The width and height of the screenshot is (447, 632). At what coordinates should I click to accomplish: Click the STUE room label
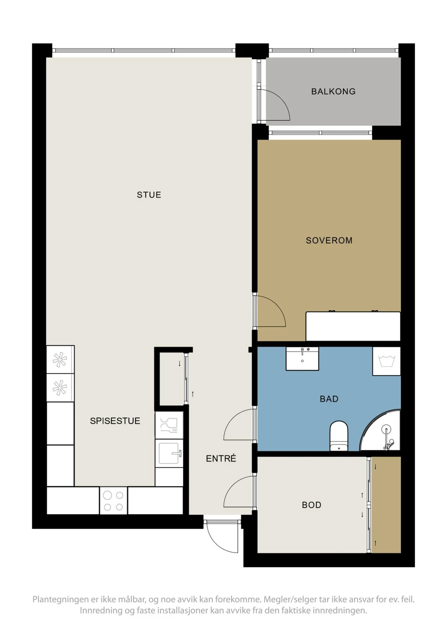pos(149,195)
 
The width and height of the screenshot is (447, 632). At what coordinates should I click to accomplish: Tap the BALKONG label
pos(333,92)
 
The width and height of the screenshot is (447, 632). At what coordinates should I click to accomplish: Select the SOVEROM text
pos(329,241)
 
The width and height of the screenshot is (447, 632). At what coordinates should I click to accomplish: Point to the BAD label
pos(329,399)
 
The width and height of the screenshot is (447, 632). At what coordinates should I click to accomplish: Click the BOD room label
pos(311,505)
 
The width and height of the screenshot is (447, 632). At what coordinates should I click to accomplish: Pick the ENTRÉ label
pos(221,458)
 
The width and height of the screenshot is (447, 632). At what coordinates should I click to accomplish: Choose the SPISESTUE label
pos(115,421)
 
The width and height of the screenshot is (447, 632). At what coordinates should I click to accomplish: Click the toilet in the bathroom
pos(339,436)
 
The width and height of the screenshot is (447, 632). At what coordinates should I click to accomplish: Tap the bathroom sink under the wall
pos(302,358)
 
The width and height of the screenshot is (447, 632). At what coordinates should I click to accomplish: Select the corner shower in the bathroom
pos(381,430)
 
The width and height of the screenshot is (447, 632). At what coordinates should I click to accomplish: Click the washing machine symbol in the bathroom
pos(386,361)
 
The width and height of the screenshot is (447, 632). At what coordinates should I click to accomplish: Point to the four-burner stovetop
pos(113,501)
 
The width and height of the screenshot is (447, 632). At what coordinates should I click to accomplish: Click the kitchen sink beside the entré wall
pos(169,453)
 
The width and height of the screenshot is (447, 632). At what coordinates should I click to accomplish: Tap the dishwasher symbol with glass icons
pos(169,425)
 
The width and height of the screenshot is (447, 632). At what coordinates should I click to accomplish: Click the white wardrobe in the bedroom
pos(353,326)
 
